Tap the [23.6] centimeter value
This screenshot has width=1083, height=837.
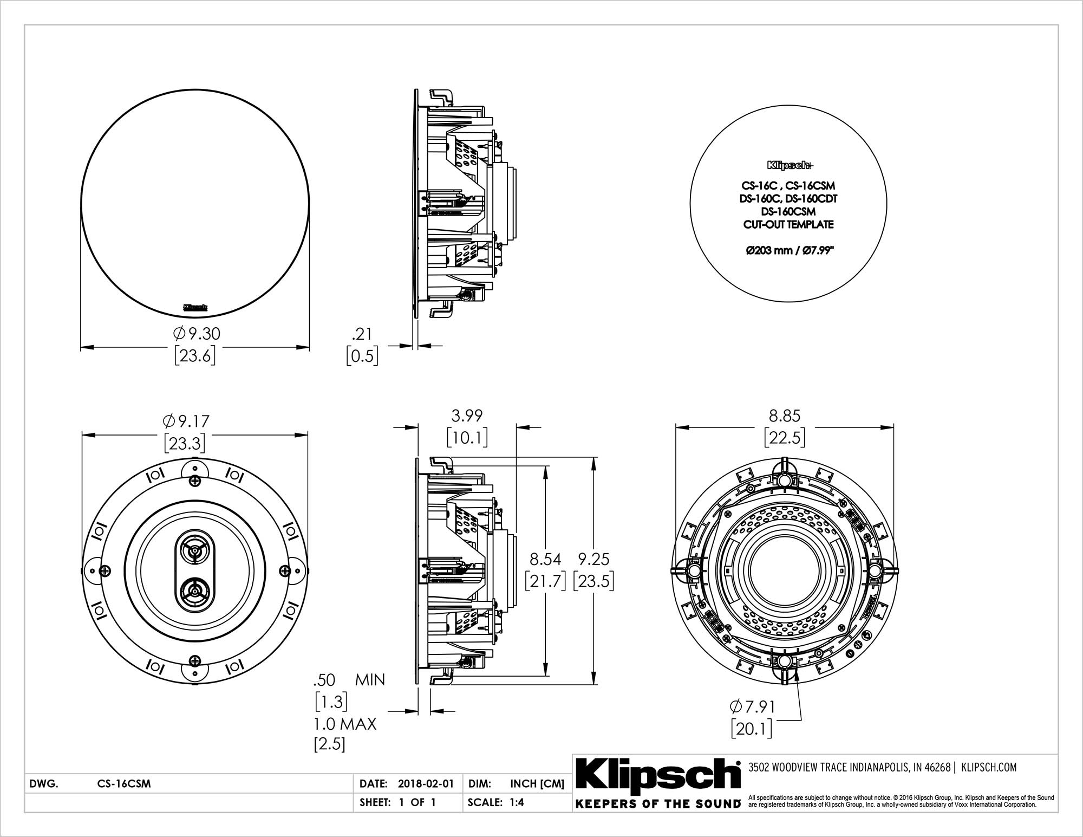pyautogui.click(x=195, y=356)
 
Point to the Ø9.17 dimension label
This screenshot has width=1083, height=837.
pyautogui.click(x=186, y=421)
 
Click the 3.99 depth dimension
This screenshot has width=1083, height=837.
pyautogui.click(x=467, y=416)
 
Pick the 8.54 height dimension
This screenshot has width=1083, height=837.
pyautogui.click(x=545, y=558)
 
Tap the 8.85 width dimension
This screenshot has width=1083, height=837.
pyautogui.click(x=785, y=416)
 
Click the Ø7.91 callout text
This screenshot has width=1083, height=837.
pyautogui.click(x=752, y=706)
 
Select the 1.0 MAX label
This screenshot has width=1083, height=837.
pyautogui.click(x=344, y=724)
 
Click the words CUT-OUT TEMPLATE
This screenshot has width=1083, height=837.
pyautogui.click(x=788, y=224)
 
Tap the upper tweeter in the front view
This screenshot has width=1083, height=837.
pyautogui.click(x=194, y=552)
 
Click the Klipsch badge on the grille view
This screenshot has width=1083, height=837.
pyautogui.click(x=195, y=307)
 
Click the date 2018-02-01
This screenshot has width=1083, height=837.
pyautogui.click(x=426, y=783)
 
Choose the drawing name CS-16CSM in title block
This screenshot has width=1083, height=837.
pyautogui.click(x=124, y=783)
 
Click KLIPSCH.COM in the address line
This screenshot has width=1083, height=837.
pyautogui.click(x=989, y=767)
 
